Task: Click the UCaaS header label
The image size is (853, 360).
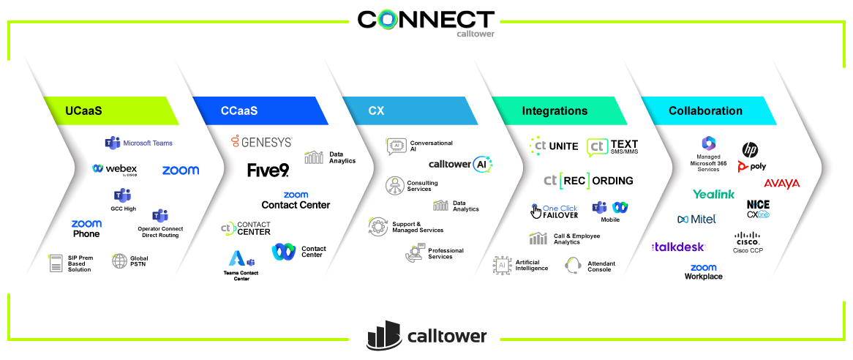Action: click(x=89, y=111)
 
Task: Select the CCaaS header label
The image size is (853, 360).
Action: click(x=239, y=111)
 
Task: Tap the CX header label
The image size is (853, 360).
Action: click(x=376, y=111)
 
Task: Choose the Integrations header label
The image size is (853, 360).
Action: click(x=555, y=111)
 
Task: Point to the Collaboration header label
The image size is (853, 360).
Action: click(x=705, y=111)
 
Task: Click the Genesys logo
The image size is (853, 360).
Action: click(x=261, y=141)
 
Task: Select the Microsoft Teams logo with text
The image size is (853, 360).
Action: click(x=139, y=143)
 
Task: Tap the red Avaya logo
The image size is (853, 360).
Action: click(x=781, y=184)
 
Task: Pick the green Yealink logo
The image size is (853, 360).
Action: click(x=713, y=195)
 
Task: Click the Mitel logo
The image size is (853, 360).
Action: click(x=696, y=219)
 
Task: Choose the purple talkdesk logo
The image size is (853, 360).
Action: click(x=678, y=247)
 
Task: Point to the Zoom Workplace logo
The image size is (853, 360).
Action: click(x=703, y=271)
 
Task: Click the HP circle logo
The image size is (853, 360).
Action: click(x=750, y=149)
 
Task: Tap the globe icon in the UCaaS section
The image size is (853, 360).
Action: click(x=119, y=260)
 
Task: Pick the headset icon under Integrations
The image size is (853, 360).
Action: click(x=573, y=265)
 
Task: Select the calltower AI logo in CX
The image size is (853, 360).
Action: click(x=460, y=165)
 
